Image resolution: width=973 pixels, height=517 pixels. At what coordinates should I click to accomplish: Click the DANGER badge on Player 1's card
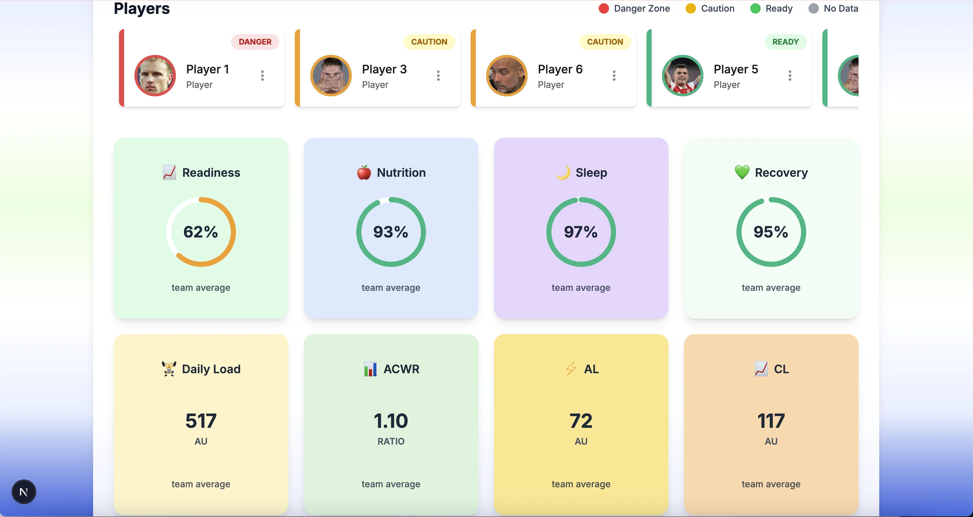coord(255,42)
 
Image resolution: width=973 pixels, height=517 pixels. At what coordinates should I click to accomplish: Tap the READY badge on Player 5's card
coord(785,42)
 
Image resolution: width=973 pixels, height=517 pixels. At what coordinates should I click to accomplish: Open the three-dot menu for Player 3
coord(438,76)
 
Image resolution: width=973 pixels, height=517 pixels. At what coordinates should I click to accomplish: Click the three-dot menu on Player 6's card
coord(614,76)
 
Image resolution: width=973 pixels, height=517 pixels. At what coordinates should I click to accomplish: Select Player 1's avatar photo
coord(155,76)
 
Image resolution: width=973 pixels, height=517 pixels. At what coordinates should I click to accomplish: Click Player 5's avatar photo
coord(682,76)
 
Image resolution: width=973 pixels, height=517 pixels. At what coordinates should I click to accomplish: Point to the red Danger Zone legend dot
coord(604,8)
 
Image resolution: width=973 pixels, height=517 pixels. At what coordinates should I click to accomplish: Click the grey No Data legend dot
coord(813,8)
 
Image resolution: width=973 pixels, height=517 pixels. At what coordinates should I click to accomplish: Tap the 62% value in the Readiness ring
coord(200,232)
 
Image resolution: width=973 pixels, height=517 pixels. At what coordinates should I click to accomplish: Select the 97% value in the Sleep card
coord(581,232)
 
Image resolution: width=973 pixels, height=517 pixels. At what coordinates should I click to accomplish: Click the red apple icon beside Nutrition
coord(364,173)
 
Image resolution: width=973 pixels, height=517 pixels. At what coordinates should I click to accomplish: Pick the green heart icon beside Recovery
coord(742,173)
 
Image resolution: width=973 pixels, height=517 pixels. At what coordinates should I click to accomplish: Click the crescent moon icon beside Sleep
coord(563,173)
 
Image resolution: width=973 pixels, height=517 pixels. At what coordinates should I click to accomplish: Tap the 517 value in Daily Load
coord(200,421)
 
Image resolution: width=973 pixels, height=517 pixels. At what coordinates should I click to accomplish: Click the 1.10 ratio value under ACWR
coord(390,421)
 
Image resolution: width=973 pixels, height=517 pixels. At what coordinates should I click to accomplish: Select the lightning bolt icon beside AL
coord(571,369)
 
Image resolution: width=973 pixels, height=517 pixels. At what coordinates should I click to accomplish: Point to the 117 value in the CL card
coord(771,421)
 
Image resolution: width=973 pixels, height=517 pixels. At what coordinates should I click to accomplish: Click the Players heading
coord(142,8)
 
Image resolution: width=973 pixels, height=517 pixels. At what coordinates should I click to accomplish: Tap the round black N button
coord(23,492)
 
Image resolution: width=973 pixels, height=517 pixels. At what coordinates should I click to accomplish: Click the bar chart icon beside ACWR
coord(370,369)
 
